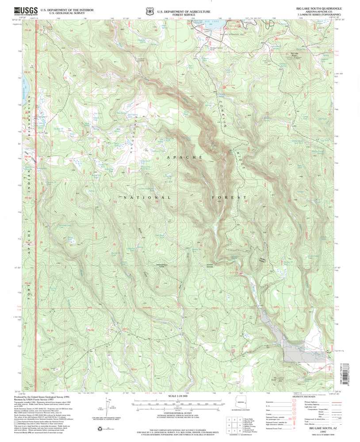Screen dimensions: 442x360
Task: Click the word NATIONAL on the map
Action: point(141,197)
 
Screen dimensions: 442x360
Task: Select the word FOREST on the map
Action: point(230,197)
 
